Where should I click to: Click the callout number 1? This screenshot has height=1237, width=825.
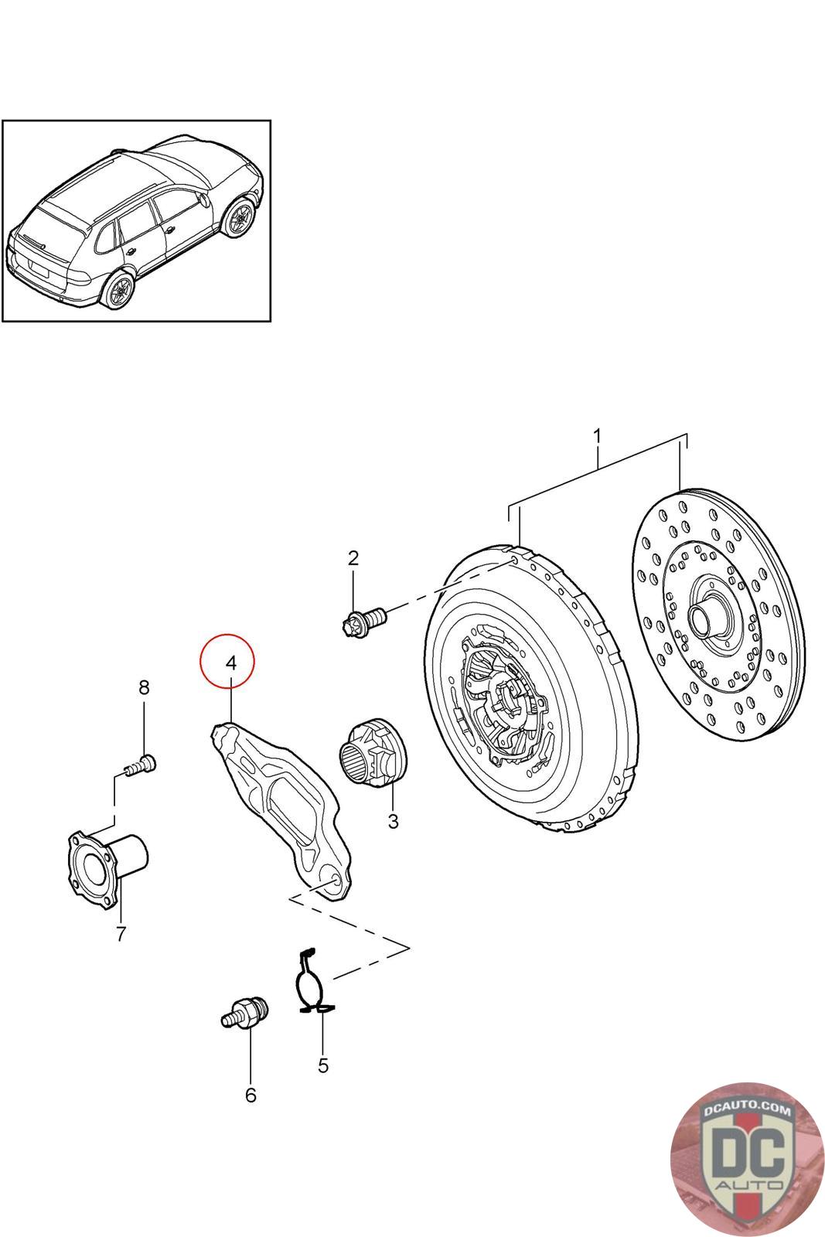(x=596, y=437)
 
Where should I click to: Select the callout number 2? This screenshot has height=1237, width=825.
(x=353, y=557)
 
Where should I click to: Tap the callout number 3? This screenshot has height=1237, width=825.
(x=393, y=821)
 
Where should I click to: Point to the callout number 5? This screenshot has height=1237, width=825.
(x=322, y=1065)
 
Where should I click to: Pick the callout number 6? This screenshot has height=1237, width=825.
(x=250, y=1095)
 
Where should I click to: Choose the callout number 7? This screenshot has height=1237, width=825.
(x=121, y=934)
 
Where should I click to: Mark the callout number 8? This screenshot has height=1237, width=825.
(x=144, y=687)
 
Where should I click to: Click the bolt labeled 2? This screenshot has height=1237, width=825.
(x=363, y=619)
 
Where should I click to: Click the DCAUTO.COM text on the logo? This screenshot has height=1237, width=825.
(x=748, y=1110)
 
